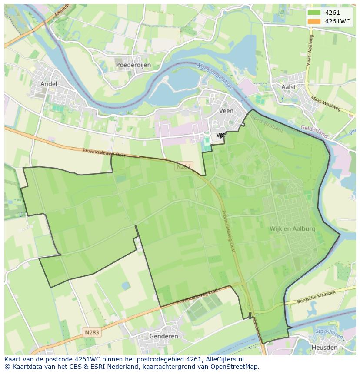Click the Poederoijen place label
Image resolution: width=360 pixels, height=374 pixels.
(x=133, y=65)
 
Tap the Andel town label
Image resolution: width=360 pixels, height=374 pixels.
(x=48, y=83)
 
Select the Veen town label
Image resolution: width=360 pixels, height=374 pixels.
(x=226, y=111)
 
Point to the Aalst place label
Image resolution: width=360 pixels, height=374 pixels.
(x=288, y=87)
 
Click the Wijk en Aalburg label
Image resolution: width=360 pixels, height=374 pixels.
(x=292, y=228)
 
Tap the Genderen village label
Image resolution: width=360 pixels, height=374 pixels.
(x=163, y=336)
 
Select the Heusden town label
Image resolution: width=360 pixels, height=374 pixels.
(x=324, y=348)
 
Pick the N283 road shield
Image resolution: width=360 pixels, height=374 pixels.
(x=92, y=332)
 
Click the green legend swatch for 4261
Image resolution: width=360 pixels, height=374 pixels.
(x=313, y=13)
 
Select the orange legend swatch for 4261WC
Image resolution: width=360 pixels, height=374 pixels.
(x=313, y=21)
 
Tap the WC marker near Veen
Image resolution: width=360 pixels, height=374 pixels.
(x=221, y=136)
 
